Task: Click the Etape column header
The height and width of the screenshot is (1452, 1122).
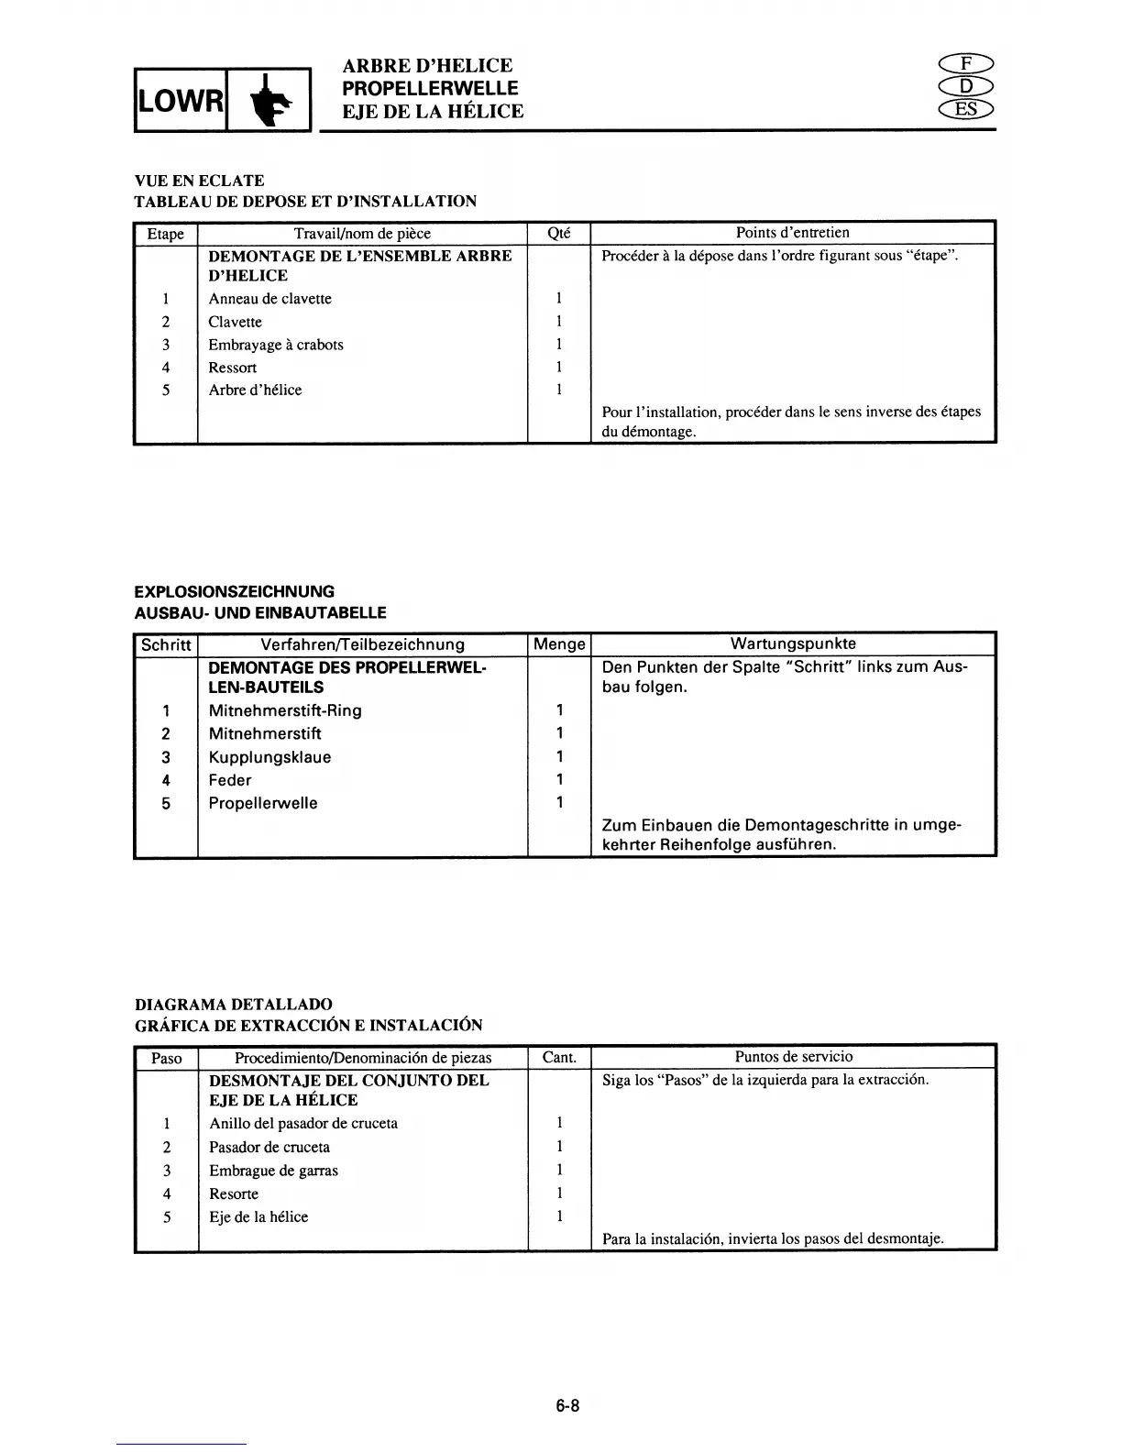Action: [x=166, y=234]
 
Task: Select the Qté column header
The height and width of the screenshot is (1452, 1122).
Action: [x=558, y=234]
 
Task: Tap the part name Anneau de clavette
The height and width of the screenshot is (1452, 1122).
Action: [x=269, y=299]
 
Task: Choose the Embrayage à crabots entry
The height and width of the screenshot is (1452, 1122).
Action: [x=276, y=345]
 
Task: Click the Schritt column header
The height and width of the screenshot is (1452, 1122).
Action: [x=166, y=644]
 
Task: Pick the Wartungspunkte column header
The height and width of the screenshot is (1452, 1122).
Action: [x=793, y=643]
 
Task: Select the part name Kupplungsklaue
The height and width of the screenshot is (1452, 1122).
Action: [x=269, y=757]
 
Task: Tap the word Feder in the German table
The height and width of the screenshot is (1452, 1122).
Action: [x=229, y=780]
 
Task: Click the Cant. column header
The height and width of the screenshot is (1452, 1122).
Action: [x=559, y=1057]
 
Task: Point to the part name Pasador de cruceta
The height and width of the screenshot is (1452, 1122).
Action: [x=269, y=1147]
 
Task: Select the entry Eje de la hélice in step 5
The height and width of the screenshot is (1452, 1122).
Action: [x=258, y=1216]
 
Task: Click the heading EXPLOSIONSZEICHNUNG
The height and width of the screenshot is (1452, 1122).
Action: [x=234, y=591]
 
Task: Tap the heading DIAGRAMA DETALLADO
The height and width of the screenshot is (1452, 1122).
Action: [x=233, y=1004]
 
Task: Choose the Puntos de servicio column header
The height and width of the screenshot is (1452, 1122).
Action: [x=793, y=1057]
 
